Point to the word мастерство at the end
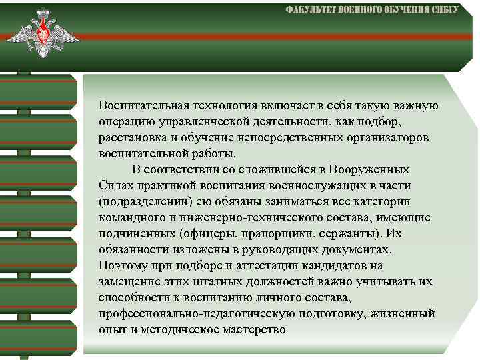pos(249,329)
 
